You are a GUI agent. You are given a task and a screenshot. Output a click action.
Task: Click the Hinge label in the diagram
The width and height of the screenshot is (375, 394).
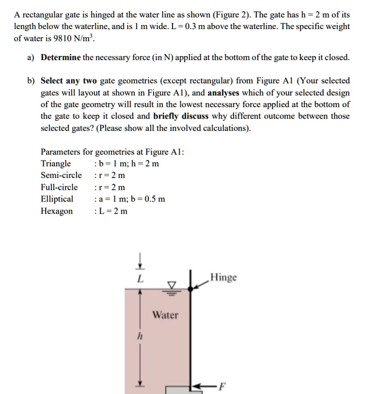tap(223, 277)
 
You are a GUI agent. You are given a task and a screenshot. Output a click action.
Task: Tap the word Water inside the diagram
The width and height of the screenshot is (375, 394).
tap(166, 315)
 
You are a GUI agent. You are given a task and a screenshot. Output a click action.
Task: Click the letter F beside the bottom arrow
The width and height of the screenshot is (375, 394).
tap(222, 386)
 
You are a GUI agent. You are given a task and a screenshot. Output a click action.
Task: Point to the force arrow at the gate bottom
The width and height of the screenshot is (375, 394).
tap(204, 386)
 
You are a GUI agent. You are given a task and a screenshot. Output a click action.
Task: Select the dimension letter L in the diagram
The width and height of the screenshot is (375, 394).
tap(140, 279)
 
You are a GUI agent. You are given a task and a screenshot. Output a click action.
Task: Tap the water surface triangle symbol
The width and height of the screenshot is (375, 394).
tap(171, 284)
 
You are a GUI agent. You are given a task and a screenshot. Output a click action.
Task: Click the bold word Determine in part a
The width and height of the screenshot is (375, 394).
tap(61, 58)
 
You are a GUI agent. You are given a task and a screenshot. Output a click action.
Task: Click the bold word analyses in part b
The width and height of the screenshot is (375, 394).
tap(223, 93)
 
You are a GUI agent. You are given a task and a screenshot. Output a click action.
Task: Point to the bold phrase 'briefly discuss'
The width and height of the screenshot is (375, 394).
tap(181, 116)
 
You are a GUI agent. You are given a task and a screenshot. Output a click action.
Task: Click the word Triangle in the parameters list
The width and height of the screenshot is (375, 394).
tap(56, 163)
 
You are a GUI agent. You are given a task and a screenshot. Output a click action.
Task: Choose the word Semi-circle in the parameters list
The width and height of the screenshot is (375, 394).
tap(61, 175)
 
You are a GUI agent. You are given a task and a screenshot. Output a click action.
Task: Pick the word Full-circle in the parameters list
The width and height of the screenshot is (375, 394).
tap(59, 187)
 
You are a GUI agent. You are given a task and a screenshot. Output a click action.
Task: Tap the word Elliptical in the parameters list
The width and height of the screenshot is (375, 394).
tap(57, 199)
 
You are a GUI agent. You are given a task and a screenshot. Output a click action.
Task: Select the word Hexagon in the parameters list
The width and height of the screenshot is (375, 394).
tap(57, 211)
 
